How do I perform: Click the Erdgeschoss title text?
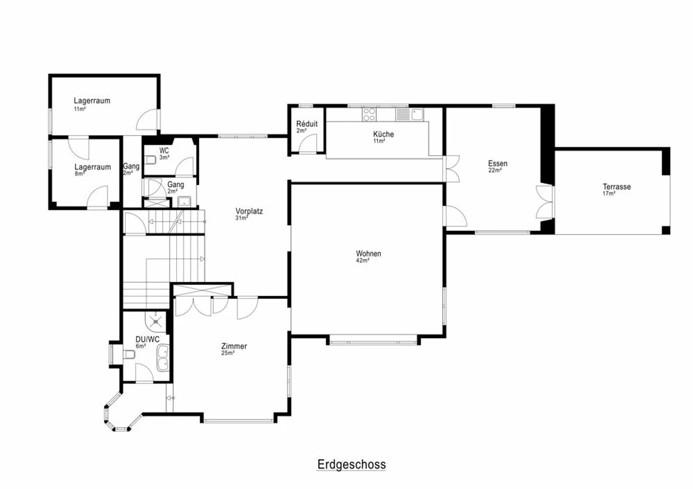coord(351,464)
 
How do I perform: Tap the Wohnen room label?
coord(369,253)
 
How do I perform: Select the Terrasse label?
coord(616,187)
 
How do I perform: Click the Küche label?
coord(383,134)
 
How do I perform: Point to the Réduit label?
coord(307,124)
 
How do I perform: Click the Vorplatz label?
coord(249,211)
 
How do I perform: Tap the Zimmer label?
coord(234,346)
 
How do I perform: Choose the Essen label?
coord(498,163)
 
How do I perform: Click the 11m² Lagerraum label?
coord(92,100)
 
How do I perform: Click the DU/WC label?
coord(147,339)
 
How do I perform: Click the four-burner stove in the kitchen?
coord(369,114)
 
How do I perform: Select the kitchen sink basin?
coord(417,114)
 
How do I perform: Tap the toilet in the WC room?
coord(150,160)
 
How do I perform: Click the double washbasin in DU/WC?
coord(163,358)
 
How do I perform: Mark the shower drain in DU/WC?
coord(155,322)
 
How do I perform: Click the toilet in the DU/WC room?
coord(129,354)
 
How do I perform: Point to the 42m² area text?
coord(362,261)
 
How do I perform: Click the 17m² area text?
coord(609,193)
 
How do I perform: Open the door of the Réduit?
coord(308,143)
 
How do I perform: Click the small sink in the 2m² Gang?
coord(184,201)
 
